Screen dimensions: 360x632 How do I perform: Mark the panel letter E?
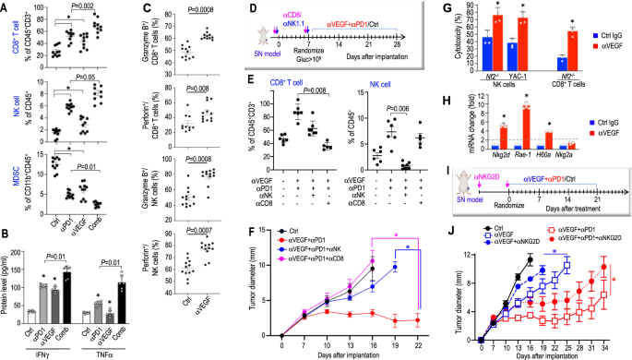click(227, 92)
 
